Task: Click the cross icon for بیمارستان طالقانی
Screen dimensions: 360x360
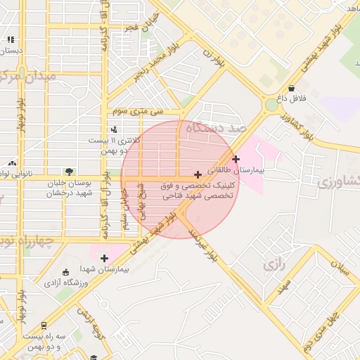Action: pyautogui.click(x=236, y=159)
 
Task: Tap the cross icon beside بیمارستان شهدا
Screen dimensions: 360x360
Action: pyautogui.click(x=105, y=258)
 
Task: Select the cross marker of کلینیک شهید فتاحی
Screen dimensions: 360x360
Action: pyautogui.click(x=198, y=174)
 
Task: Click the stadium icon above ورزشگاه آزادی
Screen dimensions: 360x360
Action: pyautogui.click(x=66, y=272)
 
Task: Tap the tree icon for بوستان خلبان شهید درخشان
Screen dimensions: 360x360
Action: pyautogui.click(x=69, y=172)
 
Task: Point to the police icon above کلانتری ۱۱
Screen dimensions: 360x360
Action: pyautogui.click(x=115, y=129)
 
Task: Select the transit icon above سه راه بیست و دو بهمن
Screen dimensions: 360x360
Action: pyautogui.click(x=44, y=326)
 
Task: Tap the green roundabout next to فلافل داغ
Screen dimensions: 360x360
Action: pyautogui.click(x=271, y=105)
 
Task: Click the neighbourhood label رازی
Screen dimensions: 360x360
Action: pyautogui.click(x=272, y=265)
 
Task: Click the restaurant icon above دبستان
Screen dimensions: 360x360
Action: pyautogui.click(x=11, y=40)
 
